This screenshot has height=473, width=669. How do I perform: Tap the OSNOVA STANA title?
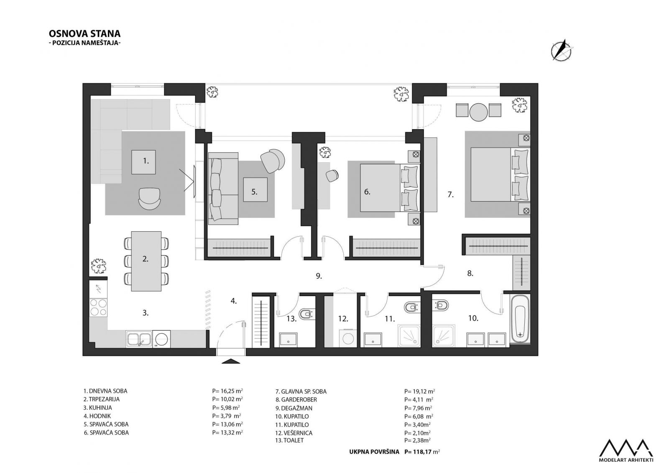coord(84,33)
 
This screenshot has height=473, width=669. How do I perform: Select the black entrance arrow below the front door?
coord(231,361)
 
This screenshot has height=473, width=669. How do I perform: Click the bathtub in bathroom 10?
coord(520,319)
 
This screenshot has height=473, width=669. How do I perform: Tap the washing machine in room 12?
coord(348,338)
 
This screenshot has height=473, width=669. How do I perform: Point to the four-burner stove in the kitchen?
coord(98,307)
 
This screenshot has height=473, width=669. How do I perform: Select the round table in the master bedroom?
coord(478,112)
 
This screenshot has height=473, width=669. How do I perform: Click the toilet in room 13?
coord(307,314)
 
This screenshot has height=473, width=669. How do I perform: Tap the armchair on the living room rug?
coord(149,199)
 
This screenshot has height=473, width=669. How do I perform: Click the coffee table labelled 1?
coord(143,162)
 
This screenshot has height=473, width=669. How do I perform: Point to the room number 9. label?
coord(319,276)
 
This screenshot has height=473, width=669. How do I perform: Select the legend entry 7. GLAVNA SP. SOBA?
coord(301,391)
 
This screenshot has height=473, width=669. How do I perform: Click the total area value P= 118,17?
coord(422,452)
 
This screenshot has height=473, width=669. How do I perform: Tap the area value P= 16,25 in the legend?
coord(227,391)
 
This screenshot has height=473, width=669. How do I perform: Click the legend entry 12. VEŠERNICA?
coord(294,433)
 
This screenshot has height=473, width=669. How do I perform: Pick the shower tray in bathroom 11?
coord(409,336)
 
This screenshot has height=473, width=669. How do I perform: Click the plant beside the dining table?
coord(98,266)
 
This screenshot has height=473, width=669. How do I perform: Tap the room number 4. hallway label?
coord(234,301)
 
